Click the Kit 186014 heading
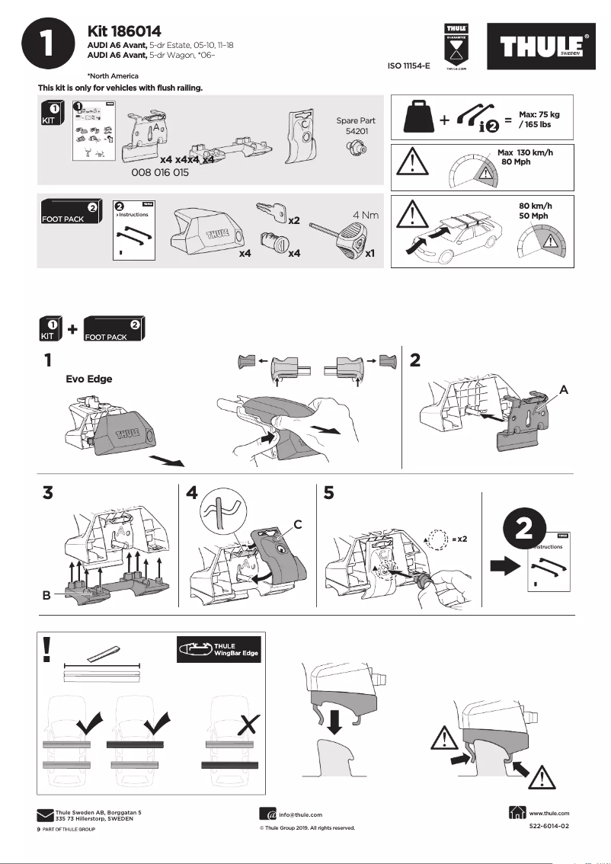pos(124,31)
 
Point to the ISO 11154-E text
pos(409,66)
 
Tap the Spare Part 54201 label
pos(356,126)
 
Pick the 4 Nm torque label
pos(366,216)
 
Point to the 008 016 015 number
pos(160,174)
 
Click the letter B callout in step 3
pos(46,598)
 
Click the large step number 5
pos(328,493)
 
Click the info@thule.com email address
pos(300,814)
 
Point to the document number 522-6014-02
pos(549,826)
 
